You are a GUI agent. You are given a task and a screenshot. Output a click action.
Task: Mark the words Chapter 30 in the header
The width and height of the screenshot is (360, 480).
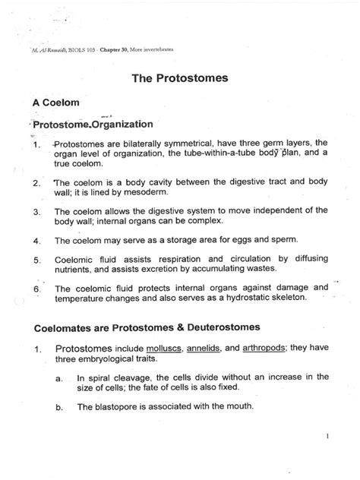click(x=112, y=47)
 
